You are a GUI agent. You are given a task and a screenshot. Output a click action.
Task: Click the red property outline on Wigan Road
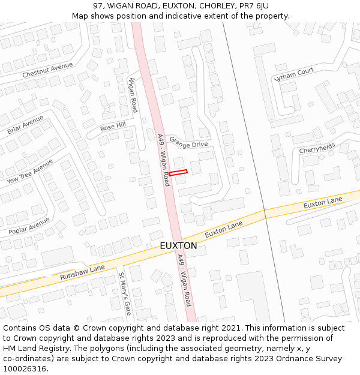click(x=178, y=173)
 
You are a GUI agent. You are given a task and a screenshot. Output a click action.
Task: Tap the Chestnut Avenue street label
click(x=47, y=70)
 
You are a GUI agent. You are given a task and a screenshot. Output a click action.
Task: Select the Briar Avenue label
click(x=25, y=125)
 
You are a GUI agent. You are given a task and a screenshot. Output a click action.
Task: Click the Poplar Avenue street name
click(x=29, y=226)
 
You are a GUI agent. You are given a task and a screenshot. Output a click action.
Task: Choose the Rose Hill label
click(x=113, y=126)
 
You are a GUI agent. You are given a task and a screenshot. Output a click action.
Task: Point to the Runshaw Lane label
click(x=82, y=272)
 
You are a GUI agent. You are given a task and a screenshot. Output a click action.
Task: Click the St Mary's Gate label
click(x=124, y=294)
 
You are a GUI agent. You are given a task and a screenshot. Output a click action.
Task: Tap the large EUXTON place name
click(x=178, y=246)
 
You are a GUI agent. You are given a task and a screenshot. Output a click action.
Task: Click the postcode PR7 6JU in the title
click(x=254, y=6)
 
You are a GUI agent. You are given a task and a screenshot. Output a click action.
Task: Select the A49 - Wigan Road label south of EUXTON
click(x=184, y=280)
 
